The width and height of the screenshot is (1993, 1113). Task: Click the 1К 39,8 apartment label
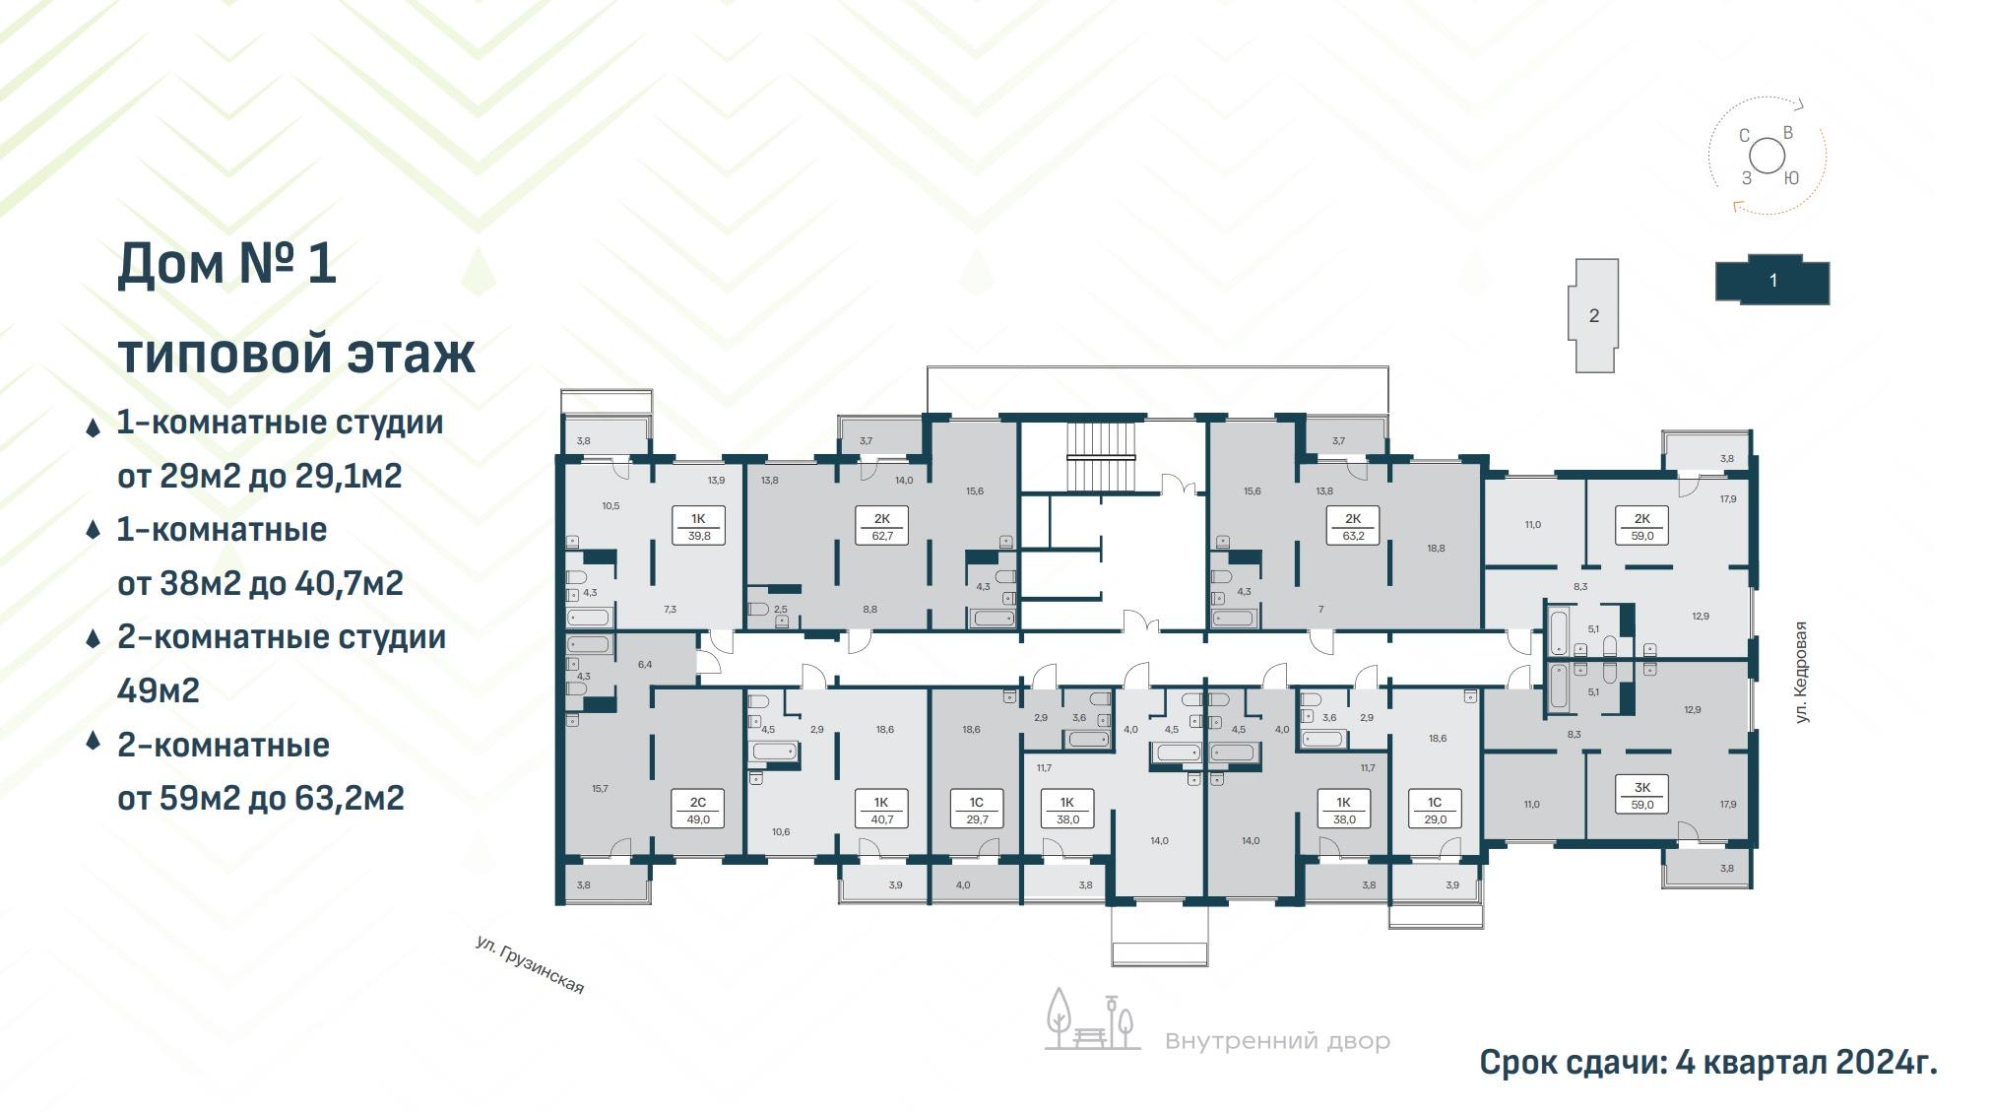(x=698, y=525)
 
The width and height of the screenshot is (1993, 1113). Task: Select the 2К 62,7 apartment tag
(x=881, y=525)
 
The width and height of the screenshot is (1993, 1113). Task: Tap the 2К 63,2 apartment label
(x=1353, y=525)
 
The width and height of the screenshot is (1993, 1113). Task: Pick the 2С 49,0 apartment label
(x=698, y=809)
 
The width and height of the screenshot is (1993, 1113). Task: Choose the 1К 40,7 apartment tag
(x=881, y=809)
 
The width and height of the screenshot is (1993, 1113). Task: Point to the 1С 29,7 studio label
(x=976, y=809)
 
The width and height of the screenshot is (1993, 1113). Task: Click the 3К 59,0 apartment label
(x=1642, y=795)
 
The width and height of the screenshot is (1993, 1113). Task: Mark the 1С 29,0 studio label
(x=1435, y=809)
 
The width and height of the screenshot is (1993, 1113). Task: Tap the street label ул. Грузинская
(x=530, y=964)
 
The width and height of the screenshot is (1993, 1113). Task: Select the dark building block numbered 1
(x=1772, y=280)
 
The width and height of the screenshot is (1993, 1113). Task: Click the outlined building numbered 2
(x=1593, y=315)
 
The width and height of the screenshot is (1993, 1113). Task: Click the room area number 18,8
(x=1436, y=548)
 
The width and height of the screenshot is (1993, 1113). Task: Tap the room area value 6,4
(x=645, y=664)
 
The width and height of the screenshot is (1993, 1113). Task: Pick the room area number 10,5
(x=611, y=505)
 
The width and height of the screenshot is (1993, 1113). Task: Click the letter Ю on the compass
(x=1791, y=178)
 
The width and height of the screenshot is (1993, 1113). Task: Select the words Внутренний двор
(x=1277, y=1041)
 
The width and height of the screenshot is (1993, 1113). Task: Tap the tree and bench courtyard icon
(x=1092, y=1019)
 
